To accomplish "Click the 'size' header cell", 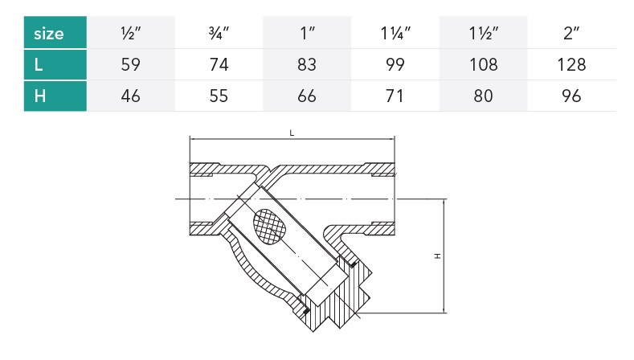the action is (55, 32).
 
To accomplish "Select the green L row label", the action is (55, 64).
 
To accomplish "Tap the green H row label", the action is (55, 96).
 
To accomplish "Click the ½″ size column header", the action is (131, 33).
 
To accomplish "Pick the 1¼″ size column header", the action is (395, 33).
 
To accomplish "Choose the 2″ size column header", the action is (571, 33).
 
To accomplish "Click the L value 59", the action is (131, 65).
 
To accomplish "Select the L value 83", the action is (307, 65).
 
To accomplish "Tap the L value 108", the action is (484, 65).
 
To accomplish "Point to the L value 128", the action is (571, 65).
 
